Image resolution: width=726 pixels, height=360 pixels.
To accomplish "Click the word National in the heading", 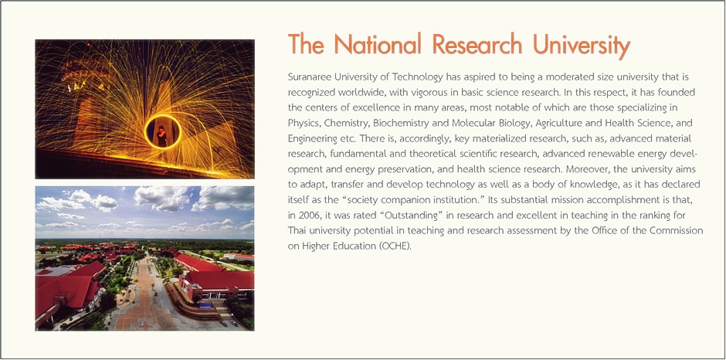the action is click(378, 45).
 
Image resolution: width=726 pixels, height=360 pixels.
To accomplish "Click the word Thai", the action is click(296, 231).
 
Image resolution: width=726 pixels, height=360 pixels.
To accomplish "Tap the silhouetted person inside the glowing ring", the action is click(161, 136).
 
